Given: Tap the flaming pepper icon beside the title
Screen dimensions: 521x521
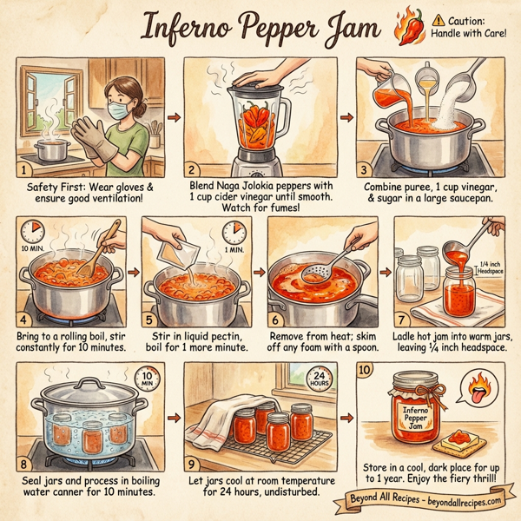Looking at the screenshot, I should pos(407,25).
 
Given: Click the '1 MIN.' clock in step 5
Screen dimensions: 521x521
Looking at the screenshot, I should pos(234,234).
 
